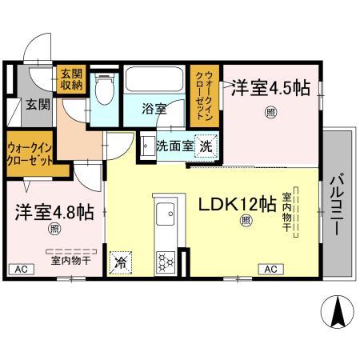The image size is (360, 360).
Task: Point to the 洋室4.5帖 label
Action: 270,89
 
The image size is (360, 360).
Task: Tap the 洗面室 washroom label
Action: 173,146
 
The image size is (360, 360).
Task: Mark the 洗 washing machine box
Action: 206,147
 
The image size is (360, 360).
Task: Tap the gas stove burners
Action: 166,260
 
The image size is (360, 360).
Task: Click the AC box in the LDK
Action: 270,269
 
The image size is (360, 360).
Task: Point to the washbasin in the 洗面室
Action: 146,146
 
